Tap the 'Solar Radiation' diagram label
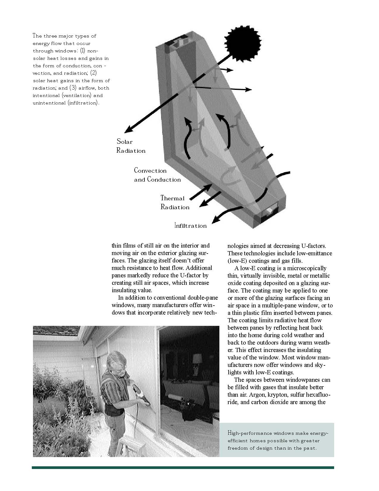(131, 146)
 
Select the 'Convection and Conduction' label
(157, 175)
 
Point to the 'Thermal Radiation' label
(175, 203)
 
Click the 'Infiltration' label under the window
(190, 226)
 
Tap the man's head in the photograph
(116, 361)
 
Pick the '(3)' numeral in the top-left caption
(73, 88)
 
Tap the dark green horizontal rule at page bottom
(183, 467)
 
